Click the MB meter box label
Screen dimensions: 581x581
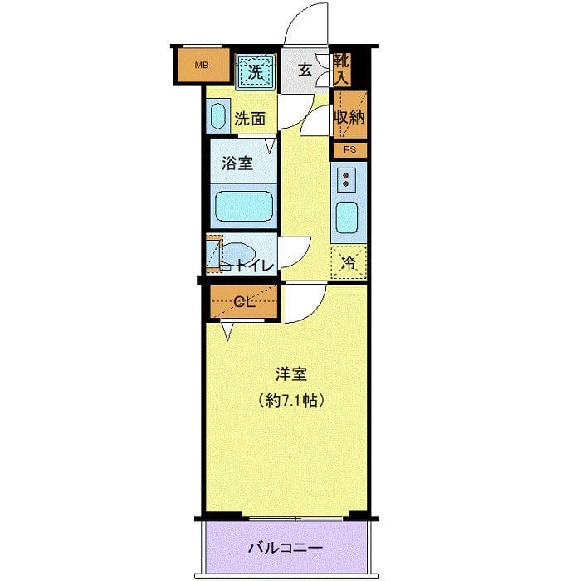coord(201,65)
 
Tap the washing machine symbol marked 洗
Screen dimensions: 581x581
coord(256,71)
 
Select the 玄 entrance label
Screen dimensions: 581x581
coord(305,70)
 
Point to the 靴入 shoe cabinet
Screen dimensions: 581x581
coord(341,69)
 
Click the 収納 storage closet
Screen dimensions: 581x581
coord(349,117)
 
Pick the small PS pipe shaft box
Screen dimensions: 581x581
coord(349,150)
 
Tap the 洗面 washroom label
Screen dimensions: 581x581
coord(249,119)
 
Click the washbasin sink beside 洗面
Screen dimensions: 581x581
coord(218,116)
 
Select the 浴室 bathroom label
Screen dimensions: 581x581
coord(237,164)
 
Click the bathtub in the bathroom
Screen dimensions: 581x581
coord(244,206)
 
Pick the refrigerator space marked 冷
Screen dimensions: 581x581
coord(349,263)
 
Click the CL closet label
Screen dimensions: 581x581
coord(242,302)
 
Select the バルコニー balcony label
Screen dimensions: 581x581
coord(285,548)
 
